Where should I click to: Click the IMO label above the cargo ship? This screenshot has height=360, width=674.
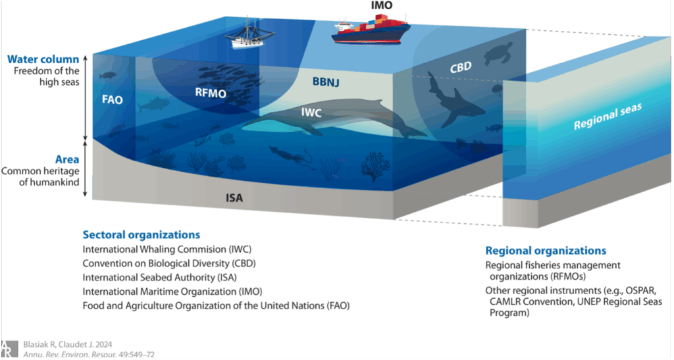(382, 5)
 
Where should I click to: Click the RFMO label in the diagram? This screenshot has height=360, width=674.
(211, 93)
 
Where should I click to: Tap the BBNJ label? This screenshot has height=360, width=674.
(326, 81)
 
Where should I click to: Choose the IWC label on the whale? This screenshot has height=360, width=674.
(311, 113)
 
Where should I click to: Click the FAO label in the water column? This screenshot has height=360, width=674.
(112, 99)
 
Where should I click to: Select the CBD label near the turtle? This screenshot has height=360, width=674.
(461, 68)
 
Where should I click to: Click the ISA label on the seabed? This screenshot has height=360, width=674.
(234, 198)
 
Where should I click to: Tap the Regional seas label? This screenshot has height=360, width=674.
(608, 116)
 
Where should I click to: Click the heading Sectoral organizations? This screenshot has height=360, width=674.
(142, 235)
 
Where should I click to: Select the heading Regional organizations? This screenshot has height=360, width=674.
(546, 251)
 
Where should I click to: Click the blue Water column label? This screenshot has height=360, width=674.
(43, 59)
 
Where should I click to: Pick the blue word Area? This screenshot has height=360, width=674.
(67, 159)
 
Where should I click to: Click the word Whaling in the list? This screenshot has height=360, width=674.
(156, 249)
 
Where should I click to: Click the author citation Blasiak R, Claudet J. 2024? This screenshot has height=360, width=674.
(68, 345)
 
